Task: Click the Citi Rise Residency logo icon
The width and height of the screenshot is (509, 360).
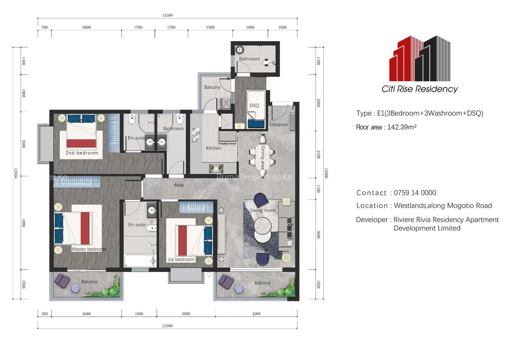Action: point(419,58)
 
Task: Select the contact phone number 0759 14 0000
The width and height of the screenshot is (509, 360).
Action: point(415,193)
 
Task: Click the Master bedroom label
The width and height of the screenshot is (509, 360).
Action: point(89,249)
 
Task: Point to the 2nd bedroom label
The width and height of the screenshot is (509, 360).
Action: point(81,153)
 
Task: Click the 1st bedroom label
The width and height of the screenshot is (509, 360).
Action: point(181,259)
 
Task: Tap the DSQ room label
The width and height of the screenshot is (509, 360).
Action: point(254,105)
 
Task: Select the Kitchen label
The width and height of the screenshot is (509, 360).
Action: point(213,148)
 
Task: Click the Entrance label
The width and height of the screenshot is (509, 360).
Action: point(278,125)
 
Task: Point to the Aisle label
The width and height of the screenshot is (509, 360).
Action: point(179,186)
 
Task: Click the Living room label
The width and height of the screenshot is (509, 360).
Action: point(263,210)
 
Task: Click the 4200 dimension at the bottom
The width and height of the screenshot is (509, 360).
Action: point(256,314)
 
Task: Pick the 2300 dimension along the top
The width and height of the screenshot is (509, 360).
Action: point(210,27)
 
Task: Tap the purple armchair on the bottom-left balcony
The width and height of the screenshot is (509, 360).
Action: point(62,280)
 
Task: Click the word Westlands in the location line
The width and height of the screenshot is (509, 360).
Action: point(409,206)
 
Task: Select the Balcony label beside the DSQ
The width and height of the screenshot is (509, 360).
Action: point(213,87)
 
